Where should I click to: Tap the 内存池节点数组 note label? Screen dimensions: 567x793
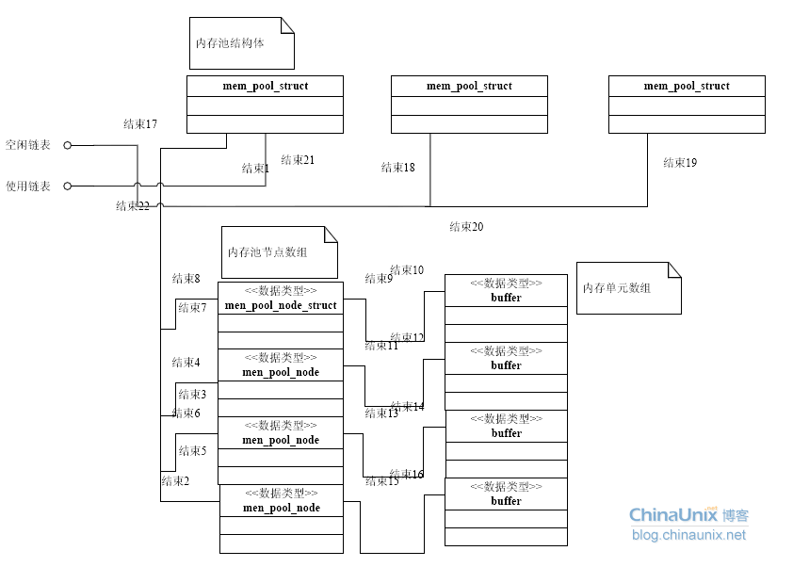pyautogui.click(x=267, y=252)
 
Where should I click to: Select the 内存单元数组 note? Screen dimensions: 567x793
pyautogui.click(x=617, y=288)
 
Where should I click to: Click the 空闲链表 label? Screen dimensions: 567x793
pyautogui.click(x=28, y=146)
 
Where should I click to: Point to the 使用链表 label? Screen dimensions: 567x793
pyautogui.click(x=28, y=186)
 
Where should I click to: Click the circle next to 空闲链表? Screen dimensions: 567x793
pyautogui.click(x=67, y=146)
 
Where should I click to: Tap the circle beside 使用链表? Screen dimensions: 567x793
pyautogui.click(x=67, y=186)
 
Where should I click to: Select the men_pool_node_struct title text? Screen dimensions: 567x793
pyautogui.click(x=281, y=305)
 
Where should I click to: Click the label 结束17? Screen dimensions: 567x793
pyautogui.click(x=140, y=124)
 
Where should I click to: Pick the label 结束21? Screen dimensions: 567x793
pyautogui.click(x=298, y=160)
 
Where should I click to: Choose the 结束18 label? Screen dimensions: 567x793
pyautogui.click(x=398, y=168)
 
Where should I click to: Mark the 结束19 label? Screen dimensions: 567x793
pyautogui.click(x=680, y=163)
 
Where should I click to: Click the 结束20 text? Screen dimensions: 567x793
pyautogui.click(x=466, y=227)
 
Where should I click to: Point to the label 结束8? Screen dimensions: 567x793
pyautogui.click(x=186, y=279)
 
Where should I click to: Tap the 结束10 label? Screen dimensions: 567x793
pyautogui.click(x=407, y=270)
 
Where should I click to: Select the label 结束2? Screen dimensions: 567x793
pyautogui.click(x=175, y=481)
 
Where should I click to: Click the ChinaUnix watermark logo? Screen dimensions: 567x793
pyautogui.click(x=688, y=515)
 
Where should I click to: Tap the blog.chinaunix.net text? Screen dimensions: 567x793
pyautogui.click(x=688, y=535)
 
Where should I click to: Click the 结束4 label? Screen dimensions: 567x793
pyautogui.click(x=186, y=363)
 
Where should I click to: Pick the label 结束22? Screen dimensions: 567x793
pyautogui.click(x=133, y=206)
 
